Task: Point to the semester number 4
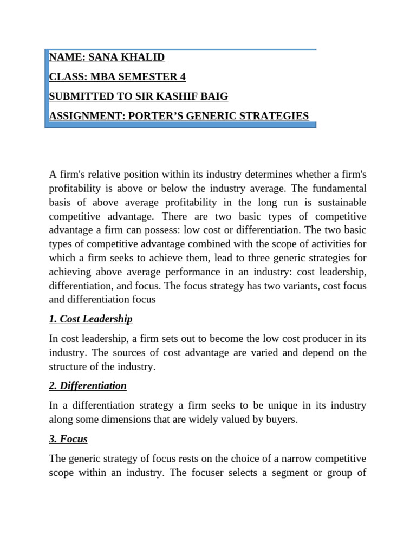click(183, 77)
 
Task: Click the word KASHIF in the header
click(178, 96)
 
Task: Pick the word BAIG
click(215, 96)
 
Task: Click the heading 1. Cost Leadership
click(90, 319)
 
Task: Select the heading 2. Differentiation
click(88, 386)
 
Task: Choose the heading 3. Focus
click(68, 438)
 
